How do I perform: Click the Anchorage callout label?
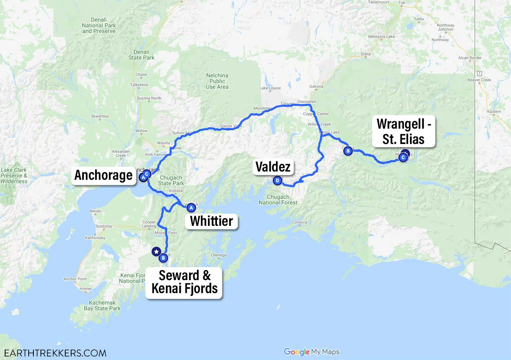coord(104,175)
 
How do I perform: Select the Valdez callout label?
coord(273,167)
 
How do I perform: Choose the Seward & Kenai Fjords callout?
coord(184,282)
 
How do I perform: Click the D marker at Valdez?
coord(278,181)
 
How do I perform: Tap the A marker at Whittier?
coord(191,207)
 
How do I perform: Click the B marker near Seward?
coord(163,258)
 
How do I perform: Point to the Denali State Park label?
coord(142,55)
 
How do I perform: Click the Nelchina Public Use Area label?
coord(217,81)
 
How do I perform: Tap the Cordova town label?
coord(299,222)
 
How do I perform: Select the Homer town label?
coord(85,288)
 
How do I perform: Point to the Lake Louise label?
coord(270,88)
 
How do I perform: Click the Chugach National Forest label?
coord(278,200)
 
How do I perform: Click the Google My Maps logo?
coord(311,352)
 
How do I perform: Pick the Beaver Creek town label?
coord(480,80)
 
